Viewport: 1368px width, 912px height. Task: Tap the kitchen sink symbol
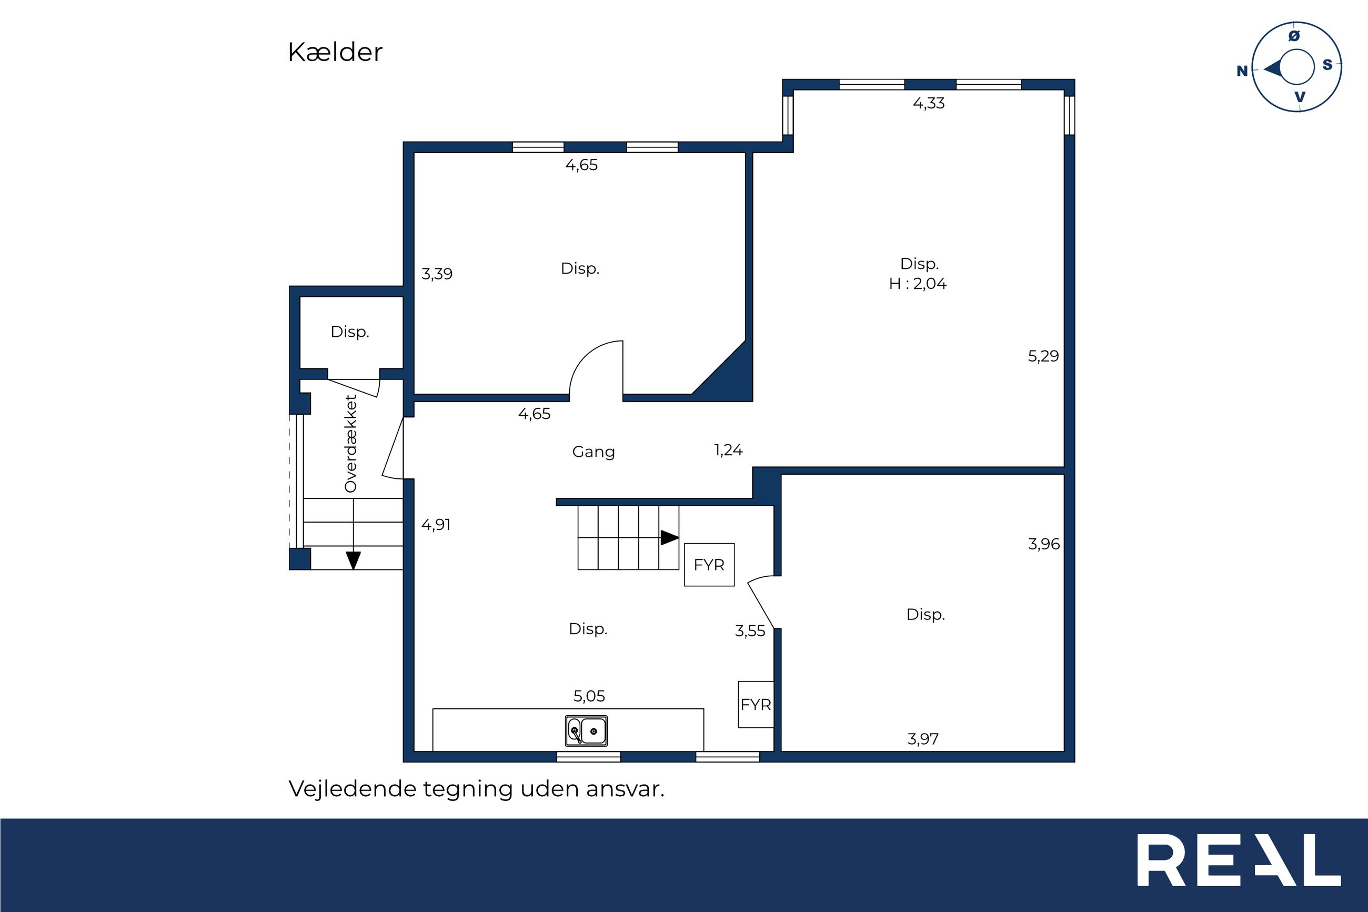pos(586,730)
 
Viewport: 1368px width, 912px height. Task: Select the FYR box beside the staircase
pos(709,565)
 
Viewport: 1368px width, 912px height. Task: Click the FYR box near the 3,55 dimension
pos(756,704)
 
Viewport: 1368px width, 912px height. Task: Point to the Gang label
pos(594,452)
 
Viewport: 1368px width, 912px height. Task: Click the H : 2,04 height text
pos(918,284)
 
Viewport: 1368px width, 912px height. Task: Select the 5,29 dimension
pos(1043,356)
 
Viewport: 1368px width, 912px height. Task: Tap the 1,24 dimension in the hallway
pos(729,450)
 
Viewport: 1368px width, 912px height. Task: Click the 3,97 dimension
pos(923,739)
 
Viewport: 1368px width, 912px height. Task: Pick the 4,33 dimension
pos(929,104)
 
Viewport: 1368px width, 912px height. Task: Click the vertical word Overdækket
pos(350,444)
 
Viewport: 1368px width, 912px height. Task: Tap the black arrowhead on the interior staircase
pos(670,538)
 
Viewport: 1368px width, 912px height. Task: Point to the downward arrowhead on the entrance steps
pos(354,560)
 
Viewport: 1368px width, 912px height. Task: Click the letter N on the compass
pos(1242,71)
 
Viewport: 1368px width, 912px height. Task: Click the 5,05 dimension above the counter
pos(589,696)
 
